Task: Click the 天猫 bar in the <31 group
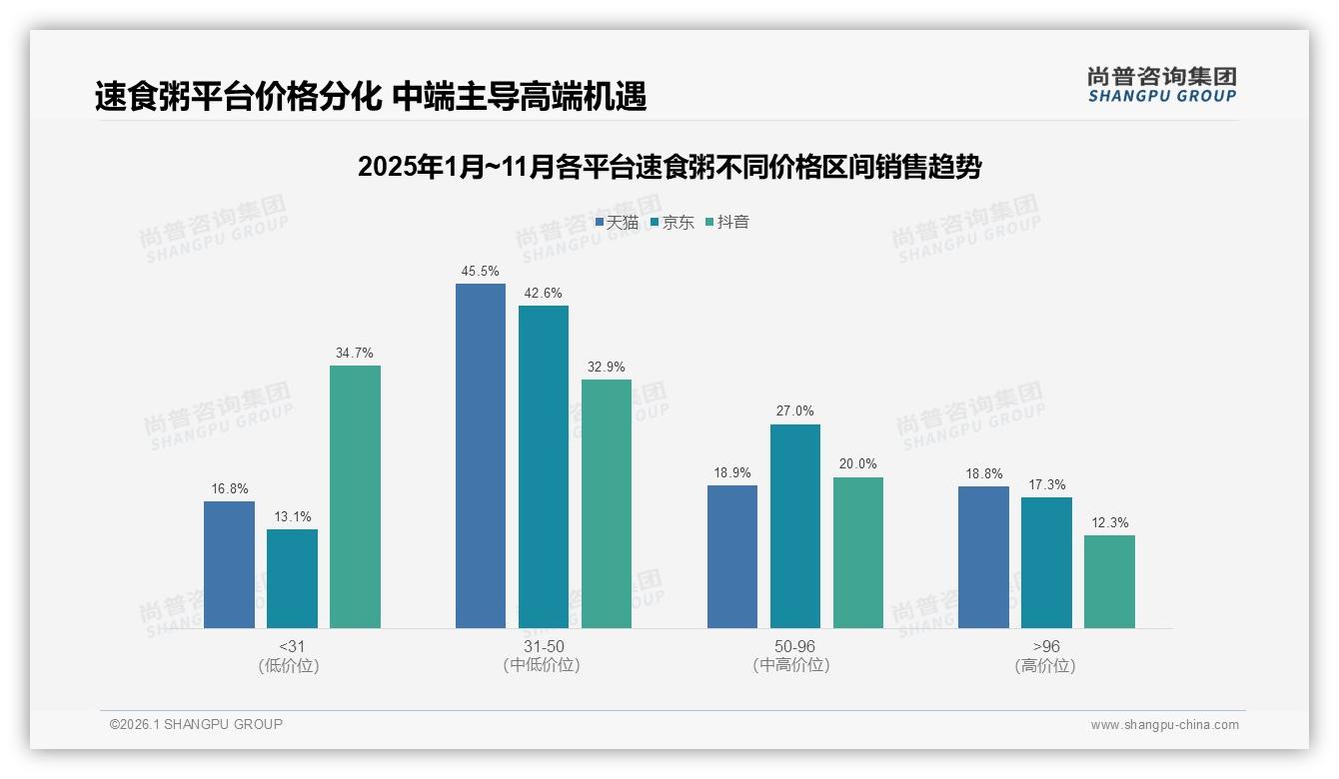pos(229,564)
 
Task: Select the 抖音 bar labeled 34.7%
pos(355,496)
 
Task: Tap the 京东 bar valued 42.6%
pos(544,466)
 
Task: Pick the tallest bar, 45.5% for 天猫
pos(481,455)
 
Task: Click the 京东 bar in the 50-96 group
pos(795,526)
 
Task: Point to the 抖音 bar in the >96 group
pos(1109,581)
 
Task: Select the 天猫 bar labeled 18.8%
pos(983,557)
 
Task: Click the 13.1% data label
pos(292,517)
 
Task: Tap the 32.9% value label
pos(607,368)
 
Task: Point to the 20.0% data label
pos(858,464)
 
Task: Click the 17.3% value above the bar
pos(1046,485)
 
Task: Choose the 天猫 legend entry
pos(617,223)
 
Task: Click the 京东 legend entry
pos(671,223)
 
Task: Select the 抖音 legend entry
pos(727,223)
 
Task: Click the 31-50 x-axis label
pos(543,647)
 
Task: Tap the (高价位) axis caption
pos(1045,666)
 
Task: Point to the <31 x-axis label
pos(292,647)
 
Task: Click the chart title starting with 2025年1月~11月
pos(669,167)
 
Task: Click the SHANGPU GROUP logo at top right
pos(1161,85)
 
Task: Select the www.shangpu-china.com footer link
pos(1164,725)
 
